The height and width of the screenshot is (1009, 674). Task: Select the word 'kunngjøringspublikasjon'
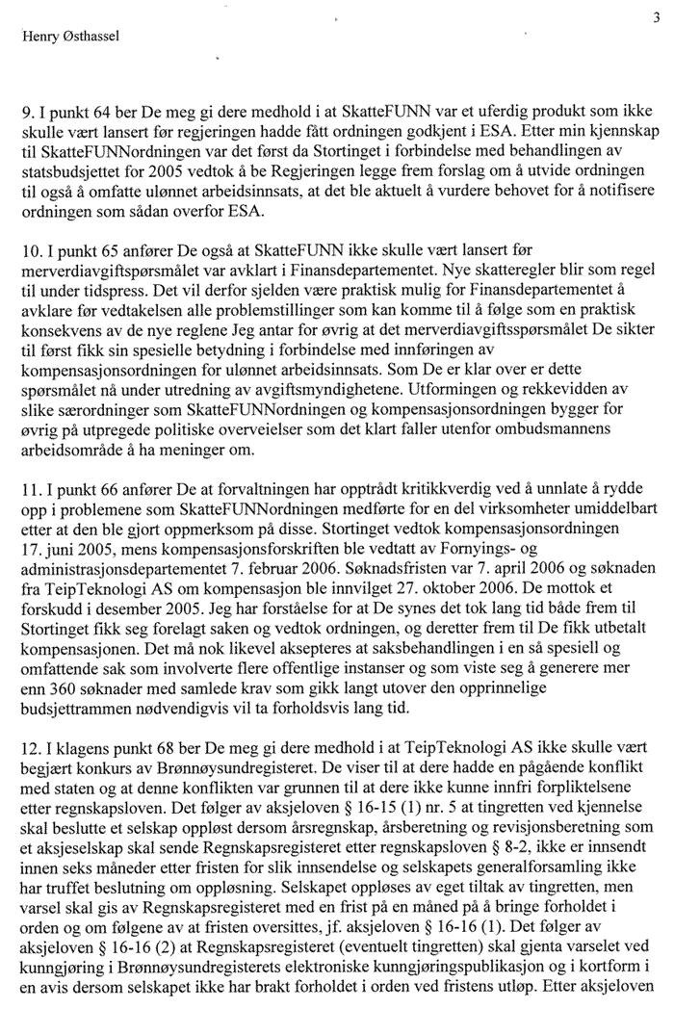464,967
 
